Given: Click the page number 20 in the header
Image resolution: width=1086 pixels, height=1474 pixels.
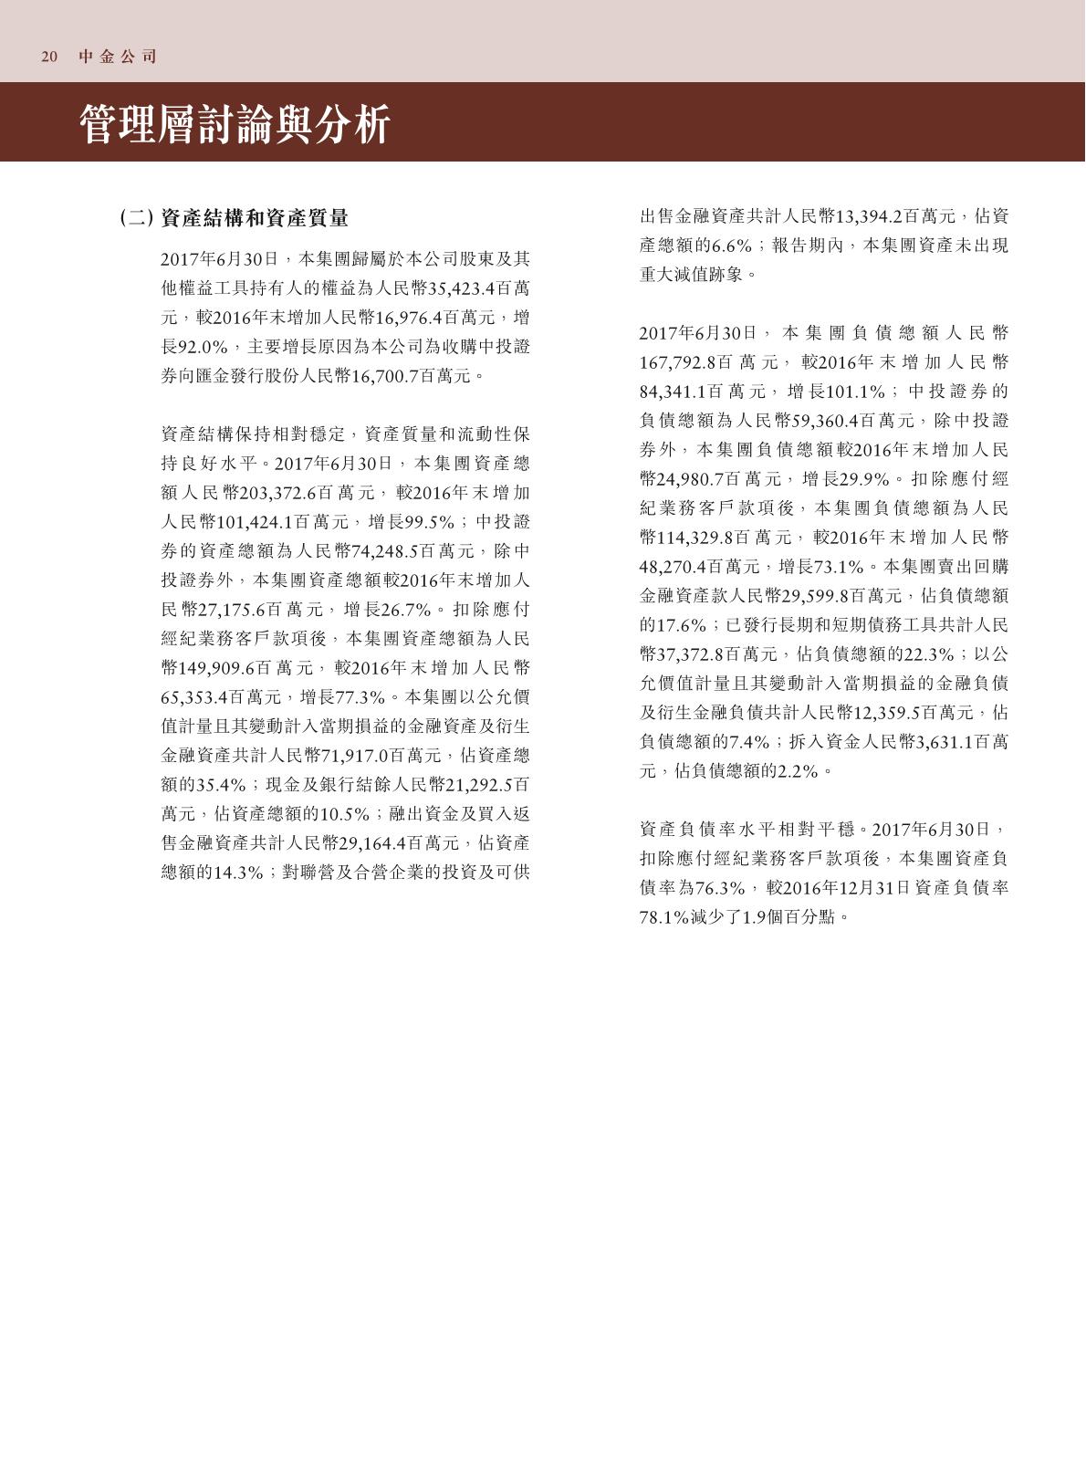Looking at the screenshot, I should point(49,57).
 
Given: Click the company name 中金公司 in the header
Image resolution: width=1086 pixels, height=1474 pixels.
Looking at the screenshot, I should point(118,57).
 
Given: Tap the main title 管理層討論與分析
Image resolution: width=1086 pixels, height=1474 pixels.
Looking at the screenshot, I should point(235,124).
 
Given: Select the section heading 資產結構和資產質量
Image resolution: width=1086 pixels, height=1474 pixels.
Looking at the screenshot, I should point(255,218).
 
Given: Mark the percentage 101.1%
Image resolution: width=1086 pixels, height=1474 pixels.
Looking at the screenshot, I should point(855,392).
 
